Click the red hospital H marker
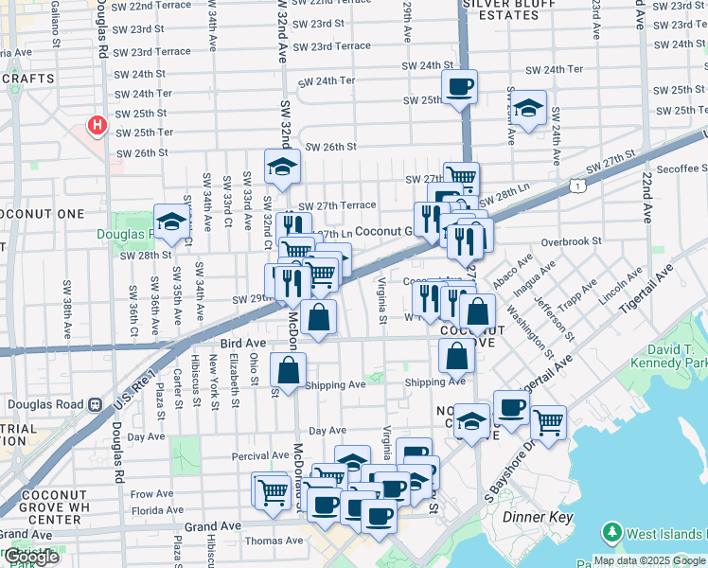pos(96,125)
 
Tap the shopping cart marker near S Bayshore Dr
pos(547,421)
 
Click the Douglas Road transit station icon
pos(95,404)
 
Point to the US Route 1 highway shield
pos(576,187)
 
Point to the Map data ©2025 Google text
pos(650,560)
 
